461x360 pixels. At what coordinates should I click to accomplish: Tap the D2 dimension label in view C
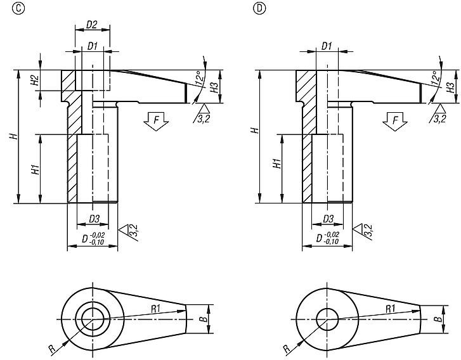(91, 25)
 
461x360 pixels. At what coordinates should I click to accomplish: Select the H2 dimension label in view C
(36, 80)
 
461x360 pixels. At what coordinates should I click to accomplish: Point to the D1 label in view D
(327, 46)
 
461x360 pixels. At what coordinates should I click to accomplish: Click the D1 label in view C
(92, 46)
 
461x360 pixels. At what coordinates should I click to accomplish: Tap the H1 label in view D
(276, 164)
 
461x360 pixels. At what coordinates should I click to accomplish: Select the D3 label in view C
(94, 219)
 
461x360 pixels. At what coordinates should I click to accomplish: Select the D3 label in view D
(328, 219)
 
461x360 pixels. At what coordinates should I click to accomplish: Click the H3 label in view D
(451, 86)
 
